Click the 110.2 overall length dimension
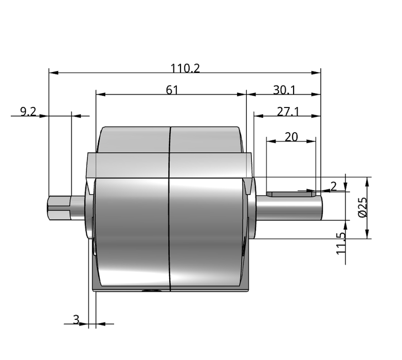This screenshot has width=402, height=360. (185, 68)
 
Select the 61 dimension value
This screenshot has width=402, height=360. (172, 90)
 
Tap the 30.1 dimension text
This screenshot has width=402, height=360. (284, 90)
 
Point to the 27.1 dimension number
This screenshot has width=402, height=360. (288, 112)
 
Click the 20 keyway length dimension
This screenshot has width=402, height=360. (291, 137)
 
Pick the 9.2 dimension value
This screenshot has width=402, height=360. (28, 112)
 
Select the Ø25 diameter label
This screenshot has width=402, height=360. (363, 207)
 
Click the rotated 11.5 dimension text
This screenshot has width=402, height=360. (341, 243)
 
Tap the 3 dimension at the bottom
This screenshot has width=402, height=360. (76, 320)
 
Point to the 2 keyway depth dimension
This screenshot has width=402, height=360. (333, 186)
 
